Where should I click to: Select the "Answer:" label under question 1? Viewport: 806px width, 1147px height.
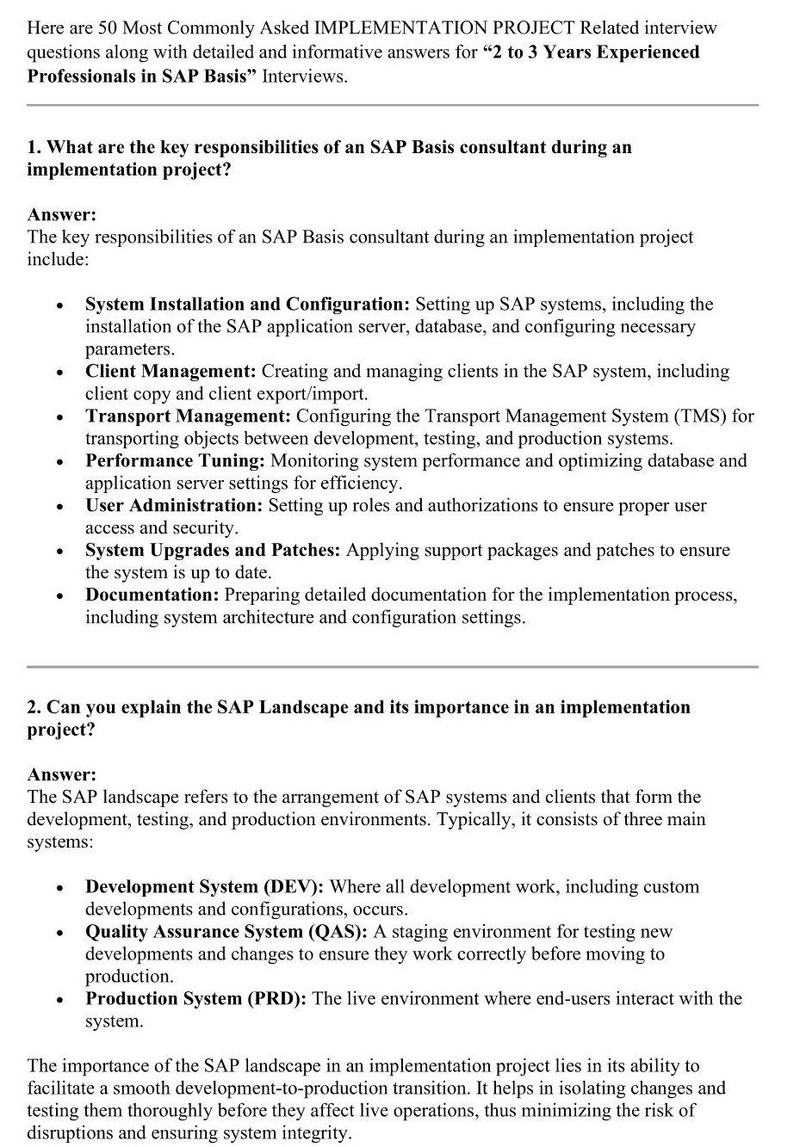coord(62,214)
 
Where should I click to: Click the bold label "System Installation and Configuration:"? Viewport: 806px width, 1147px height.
coord(247,305)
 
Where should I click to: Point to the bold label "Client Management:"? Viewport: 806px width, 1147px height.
coord(170,372)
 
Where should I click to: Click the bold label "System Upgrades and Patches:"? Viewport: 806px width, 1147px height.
coord(213,551)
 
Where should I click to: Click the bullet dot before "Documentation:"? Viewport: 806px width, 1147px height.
coord(59,596)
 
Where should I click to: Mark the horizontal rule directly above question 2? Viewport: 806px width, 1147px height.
coord(393,667)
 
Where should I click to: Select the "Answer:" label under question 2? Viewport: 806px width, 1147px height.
coord(62,774)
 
